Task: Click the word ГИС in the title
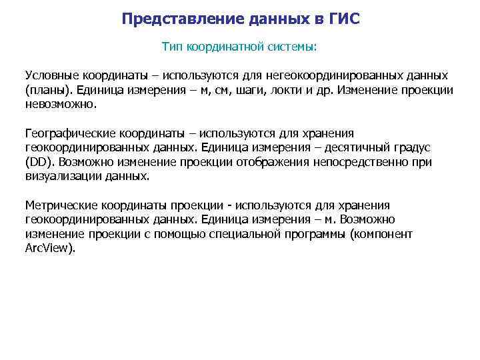point(344,19)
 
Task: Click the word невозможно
point(61,105)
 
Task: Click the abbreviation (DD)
point(39,163)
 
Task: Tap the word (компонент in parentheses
point(381,235)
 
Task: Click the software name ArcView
point(50,249)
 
